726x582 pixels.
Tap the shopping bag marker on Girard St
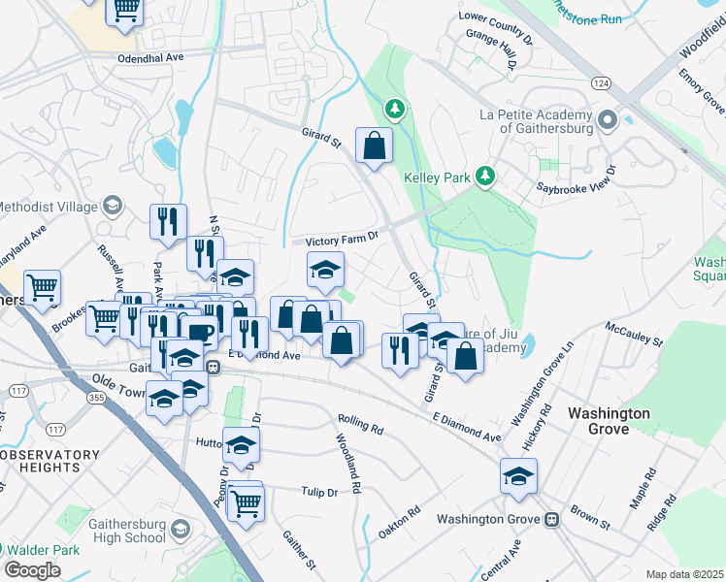374,146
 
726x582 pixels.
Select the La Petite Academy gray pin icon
608,120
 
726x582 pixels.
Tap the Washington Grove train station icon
552,519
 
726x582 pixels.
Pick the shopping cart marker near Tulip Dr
246,502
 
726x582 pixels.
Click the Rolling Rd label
361,424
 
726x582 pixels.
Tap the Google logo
31,570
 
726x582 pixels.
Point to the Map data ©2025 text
684,574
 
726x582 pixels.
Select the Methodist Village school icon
114,206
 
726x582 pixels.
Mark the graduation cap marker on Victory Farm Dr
326,270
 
